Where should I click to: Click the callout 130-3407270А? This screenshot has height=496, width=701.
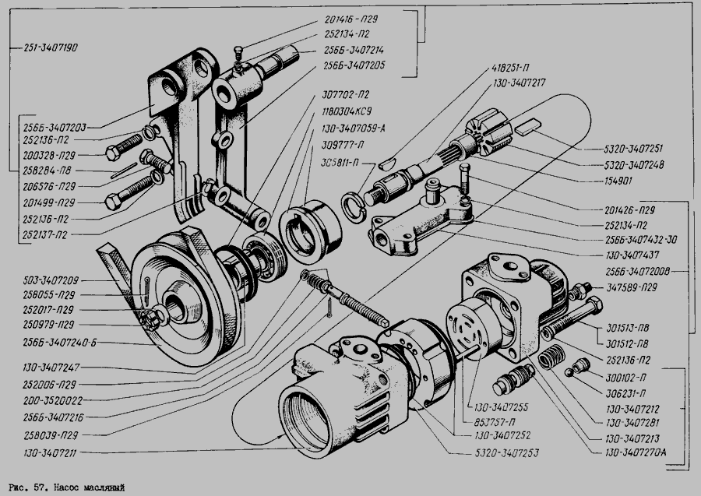[640, 451]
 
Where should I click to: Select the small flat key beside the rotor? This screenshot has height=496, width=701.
[531, 122]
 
